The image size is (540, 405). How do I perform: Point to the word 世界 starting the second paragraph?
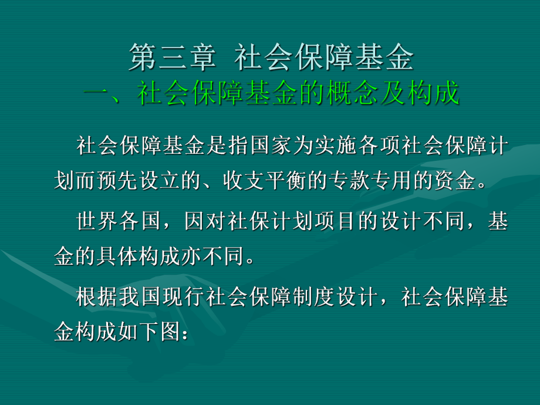[98, 222]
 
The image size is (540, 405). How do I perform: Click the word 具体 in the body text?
[130, 256]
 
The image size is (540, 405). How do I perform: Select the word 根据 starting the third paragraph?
[98, 298]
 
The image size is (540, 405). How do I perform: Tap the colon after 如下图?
[183, 333]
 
